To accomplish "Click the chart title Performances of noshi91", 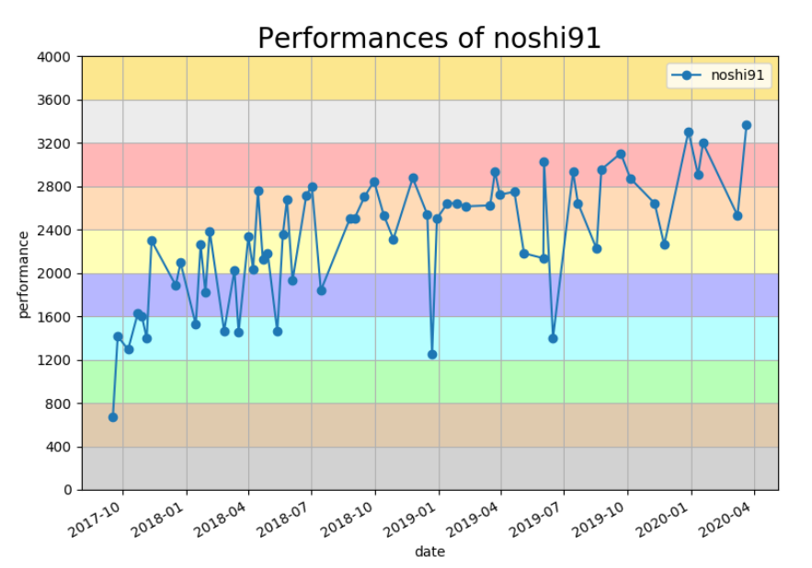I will (x=429, y=38).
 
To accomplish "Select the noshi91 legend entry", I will (x=719, y=76).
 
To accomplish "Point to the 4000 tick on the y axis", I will (x=57, y=57).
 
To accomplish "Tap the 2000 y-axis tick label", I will (x=57, y=274).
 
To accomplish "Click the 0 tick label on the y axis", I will (x=68, y=491).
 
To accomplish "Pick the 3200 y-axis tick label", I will (x=57, y=143).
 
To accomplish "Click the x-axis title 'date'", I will (x=429, y=551).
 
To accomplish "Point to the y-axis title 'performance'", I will (x=24, y=274).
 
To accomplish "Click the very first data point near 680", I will (x=113, y=417).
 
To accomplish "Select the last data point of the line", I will (x=747, y=125).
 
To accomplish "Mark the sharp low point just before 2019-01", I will (x=432, y=354).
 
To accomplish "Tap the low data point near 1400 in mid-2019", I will (x=553, y=338).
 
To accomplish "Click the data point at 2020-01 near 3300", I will (x=689, y=132).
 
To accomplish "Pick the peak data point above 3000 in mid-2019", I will (x=543, y=162).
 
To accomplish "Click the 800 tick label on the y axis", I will (x=61, y=403).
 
